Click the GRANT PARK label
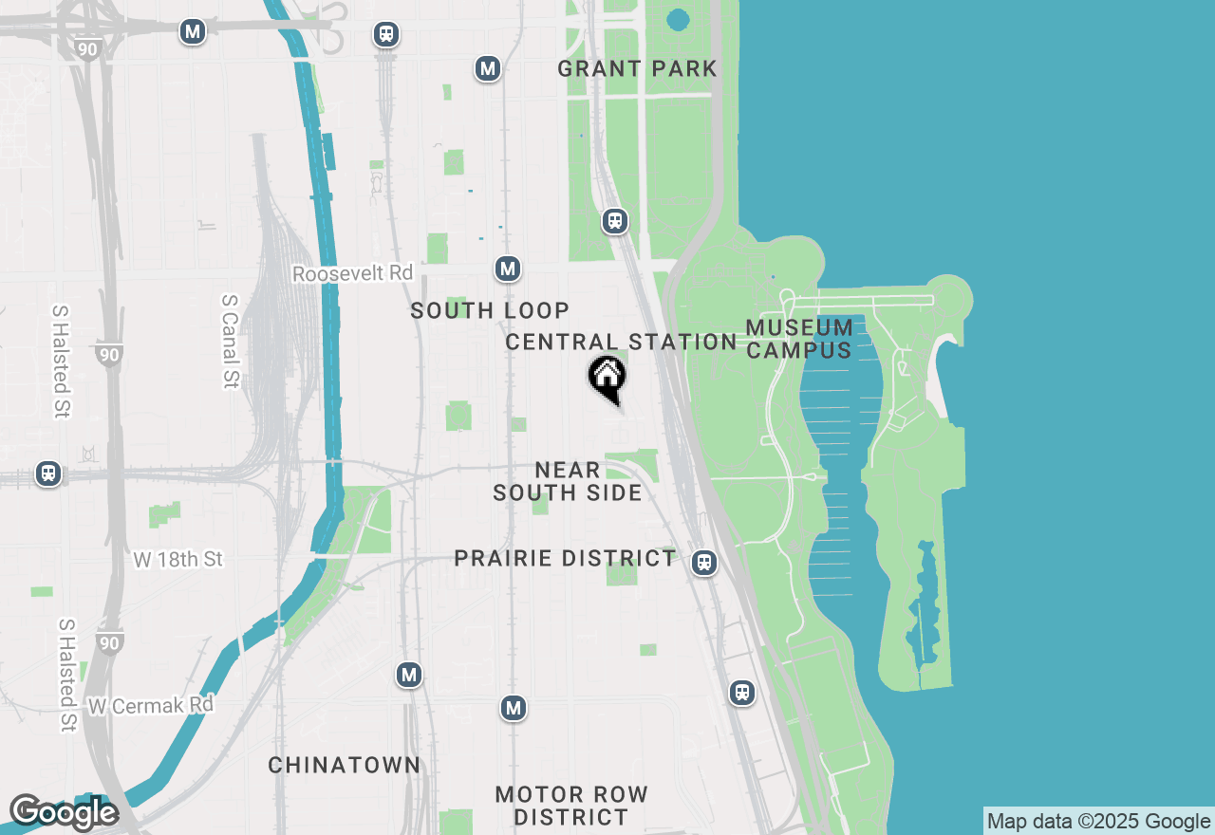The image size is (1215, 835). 637,68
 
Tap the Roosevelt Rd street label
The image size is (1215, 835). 353,273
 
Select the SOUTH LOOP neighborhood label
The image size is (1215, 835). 490,310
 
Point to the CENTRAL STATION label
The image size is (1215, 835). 621,342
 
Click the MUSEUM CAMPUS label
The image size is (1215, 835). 799,339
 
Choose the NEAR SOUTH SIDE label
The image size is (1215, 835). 568,481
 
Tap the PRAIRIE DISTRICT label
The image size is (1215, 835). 565,558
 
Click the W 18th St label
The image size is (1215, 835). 178,560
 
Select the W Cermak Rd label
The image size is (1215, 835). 152,706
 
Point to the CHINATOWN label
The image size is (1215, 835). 344,765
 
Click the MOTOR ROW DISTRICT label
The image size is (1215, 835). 571,806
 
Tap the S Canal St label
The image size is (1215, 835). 229,341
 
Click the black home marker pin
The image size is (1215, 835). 607,378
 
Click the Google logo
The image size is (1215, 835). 64,812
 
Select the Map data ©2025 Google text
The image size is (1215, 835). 1098,822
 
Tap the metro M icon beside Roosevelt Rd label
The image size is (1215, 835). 508,269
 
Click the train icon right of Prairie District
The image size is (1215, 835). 703,563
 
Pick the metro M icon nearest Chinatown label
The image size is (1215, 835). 409,675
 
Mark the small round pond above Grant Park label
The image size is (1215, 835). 678,19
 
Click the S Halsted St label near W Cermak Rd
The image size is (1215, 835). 66,676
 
